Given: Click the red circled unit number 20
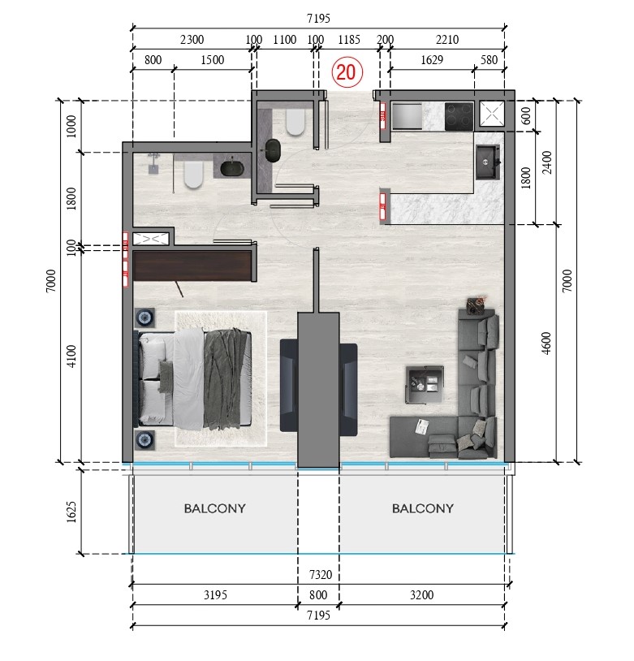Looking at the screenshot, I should [345, 71].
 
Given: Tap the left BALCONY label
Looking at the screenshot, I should [214, 509].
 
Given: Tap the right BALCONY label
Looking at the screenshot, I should [422, 509].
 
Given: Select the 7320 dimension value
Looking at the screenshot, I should [321, 575].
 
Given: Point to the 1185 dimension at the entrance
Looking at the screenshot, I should [349, 39].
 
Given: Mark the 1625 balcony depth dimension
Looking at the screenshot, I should [71, 512].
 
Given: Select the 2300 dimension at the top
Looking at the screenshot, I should [192, 39].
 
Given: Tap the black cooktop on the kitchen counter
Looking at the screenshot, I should [459, 116].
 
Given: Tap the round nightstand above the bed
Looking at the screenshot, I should [147, 317].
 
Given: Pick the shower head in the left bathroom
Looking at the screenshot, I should [153, 167].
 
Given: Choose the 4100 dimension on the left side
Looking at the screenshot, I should [71, 356].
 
